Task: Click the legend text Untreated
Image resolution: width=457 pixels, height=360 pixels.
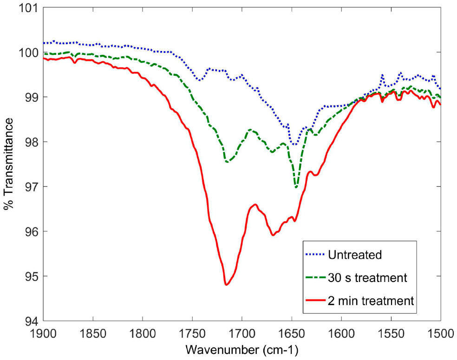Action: tap(354, 255)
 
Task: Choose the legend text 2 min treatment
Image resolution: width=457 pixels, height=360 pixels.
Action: tap(370, 301)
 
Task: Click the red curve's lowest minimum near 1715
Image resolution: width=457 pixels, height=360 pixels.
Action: tap(226, 284)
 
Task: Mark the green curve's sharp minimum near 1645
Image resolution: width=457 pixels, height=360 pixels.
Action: tap(296, 187)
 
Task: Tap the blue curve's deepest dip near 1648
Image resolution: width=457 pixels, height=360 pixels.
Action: tap(293, 144)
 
